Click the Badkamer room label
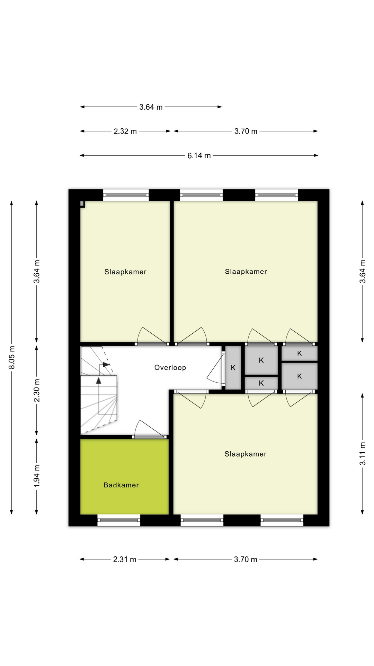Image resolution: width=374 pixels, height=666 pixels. tap(121, 485)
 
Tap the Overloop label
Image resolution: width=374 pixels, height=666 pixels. tap(170, 367)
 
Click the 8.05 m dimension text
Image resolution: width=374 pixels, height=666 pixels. tap(12, 357)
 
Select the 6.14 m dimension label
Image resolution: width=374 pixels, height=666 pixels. tap(199, 155)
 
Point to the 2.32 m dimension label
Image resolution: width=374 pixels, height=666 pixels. tap(125, 131)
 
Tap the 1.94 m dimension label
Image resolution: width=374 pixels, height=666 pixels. tap(37, 476)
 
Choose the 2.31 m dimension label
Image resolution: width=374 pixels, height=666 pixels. tap(125, 559)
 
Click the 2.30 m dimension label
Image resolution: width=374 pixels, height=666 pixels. tap(37, 390)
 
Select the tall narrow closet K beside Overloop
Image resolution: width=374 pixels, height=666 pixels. tap(233, 367)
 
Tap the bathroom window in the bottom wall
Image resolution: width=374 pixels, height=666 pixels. tap(119, 520)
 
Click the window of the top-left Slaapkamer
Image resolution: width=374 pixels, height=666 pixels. tap(126, 195)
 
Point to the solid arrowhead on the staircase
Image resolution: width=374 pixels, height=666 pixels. tap(99, 381)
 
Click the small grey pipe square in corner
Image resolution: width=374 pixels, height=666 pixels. tap(82, 204)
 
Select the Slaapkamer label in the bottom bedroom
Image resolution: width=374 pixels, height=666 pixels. tap(245, 454)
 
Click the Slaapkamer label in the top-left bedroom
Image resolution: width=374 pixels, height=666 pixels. tap(125, 272)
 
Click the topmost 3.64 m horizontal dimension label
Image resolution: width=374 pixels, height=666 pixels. tap(151, 107)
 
